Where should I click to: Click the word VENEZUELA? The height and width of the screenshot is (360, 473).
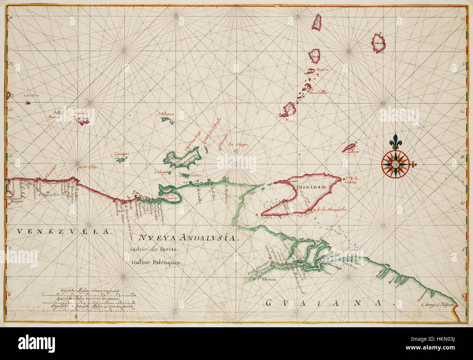tap(63, 231)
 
